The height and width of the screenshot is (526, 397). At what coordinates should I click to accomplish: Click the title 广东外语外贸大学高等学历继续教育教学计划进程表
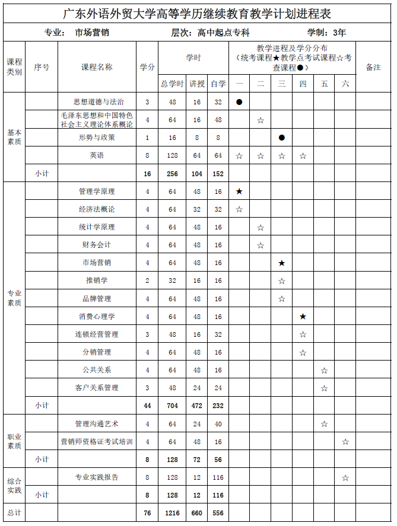(x=198, y=12)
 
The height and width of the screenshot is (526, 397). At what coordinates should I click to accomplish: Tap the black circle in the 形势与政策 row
(x=282, y=138)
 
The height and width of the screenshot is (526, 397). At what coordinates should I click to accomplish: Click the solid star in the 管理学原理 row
(x=239, y=192)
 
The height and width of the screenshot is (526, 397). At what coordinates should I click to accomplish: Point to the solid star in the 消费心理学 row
(x=303, y=317)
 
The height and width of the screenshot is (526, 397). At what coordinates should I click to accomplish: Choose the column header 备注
(x=373, y=67)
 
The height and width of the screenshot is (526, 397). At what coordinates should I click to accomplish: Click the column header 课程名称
(x=97, y=67)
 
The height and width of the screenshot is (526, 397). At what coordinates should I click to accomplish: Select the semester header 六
(x=345, y=84)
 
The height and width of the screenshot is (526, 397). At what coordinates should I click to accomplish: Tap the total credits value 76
(x=147, y=512)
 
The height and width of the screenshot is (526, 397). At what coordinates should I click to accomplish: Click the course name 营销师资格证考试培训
(x=97, y=442)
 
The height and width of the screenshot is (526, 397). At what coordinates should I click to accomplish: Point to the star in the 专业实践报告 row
(x=345, y=478)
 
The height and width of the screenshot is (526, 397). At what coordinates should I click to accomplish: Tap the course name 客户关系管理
(x=97, y=388)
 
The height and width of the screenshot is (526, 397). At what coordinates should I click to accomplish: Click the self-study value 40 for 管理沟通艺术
(x=218, y=424)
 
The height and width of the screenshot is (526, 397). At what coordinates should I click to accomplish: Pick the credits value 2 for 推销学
(x=147, y=280)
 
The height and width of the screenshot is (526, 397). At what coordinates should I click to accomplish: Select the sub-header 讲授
(x=197, y=84)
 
